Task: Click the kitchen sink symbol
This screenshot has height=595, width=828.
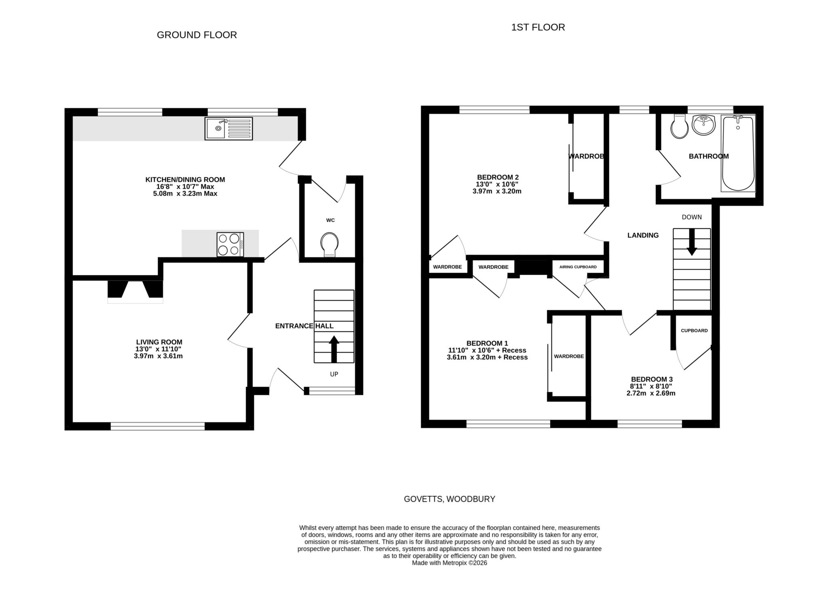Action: [228, 129]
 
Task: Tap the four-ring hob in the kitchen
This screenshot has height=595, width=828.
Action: [230, 244]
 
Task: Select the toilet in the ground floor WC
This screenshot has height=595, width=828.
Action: [330, 245]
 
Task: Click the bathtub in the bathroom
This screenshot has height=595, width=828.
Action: [738, 153]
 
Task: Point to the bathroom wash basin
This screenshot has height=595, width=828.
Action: [703, 125]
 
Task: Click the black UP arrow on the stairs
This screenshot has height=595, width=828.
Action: [334, 349]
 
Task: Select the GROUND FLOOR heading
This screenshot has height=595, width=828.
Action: [196, 35]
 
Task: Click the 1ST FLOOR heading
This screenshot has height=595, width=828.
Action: [538, 27]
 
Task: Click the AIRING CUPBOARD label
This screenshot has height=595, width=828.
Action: [578, 267]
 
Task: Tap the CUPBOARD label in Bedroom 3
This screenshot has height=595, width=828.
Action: [694, 331]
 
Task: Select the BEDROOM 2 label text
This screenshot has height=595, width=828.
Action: [498, 177]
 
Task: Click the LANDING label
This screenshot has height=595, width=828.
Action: [643, 235]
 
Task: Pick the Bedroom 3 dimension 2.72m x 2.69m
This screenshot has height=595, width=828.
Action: [651, 393]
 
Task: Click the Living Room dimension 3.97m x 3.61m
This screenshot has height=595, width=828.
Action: [158, 356]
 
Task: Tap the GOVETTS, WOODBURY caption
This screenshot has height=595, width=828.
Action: [449, 499]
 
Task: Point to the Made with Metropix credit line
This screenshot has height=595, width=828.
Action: [449, 563]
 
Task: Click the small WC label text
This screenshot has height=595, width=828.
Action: [330, 220]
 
